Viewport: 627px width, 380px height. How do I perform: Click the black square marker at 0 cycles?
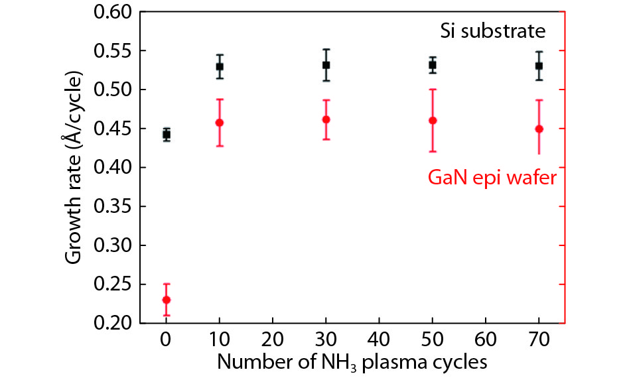(x=167, y=135)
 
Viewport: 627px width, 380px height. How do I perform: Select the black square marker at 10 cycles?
(x=220, y=66)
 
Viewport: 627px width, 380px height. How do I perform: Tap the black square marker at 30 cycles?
(x=326, y=65)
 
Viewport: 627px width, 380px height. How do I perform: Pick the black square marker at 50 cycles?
(x=433, y=65)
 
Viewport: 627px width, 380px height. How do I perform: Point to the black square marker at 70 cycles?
(x=539, y=66)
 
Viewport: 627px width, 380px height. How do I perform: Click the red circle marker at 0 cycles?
(x=167, y=300)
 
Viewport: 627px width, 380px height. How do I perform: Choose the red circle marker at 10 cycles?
(x=220, y=123)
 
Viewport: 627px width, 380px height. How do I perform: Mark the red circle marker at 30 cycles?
(x=326, y=119)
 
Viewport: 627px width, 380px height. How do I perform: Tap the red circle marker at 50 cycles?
(x=433, y=121)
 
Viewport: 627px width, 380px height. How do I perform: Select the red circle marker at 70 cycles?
(x=539, y=129)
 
